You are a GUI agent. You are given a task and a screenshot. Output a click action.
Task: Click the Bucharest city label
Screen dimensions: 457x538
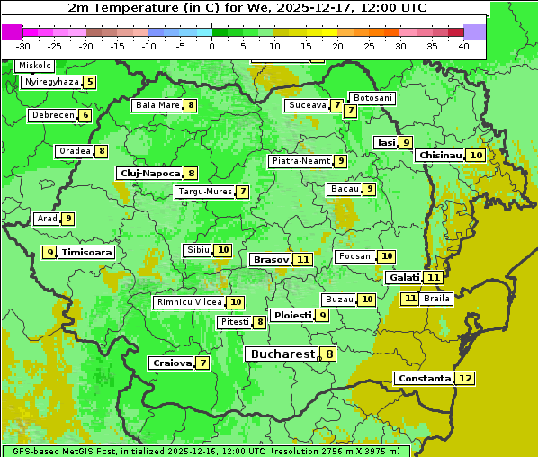point(282,354)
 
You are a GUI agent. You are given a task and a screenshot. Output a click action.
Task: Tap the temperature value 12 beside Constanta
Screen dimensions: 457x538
point(465,379)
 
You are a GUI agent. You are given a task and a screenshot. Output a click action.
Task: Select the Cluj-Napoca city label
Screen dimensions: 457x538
point(148,173)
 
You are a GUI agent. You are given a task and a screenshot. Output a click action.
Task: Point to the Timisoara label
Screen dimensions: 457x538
point(86,253)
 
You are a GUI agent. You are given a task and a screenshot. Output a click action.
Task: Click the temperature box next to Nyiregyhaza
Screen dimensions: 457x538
point(90,82)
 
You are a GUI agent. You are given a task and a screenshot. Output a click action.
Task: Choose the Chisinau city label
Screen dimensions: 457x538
point(440,155)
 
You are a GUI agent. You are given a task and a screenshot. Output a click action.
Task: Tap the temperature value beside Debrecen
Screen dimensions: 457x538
point(85,115)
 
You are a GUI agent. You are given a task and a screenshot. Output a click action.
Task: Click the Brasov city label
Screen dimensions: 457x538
point(270,259)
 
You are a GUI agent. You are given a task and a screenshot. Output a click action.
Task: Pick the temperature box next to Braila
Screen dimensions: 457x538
point(409,298)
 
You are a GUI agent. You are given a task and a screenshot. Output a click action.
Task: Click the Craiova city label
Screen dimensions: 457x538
point(172,363)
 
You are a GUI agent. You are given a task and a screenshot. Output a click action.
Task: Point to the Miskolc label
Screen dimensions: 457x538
point(35,66)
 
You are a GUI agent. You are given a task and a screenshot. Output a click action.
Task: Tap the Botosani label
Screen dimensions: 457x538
point(372,97)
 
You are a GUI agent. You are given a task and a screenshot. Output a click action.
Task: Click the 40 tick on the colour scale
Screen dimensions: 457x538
point(463,46)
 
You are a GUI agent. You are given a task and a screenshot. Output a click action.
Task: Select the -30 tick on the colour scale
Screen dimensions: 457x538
point(23,46)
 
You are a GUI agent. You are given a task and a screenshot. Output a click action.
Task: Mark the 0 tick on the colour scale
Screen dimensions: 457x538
point(211,46)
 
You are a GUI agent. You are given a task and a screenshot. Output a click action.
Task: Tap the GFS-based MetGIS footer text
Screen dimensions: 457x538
point(63,451)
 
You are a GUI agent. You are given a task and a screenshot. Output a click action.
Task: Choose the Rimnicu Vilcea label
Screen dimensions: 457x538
point(187,302)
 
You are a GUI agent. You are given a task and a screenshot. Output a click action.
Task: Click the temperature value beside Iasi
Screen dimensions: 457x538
point(407,142)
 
